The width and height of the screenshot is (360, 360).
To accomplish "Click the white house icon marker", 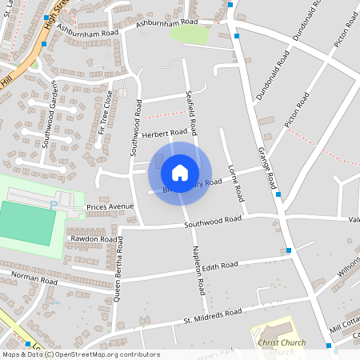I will (x=180, y=173).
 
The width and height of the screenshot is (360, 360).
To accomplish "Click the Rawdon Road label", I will (x=93, y=238).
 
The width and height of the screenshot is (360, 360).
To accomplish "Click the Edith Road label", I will (x=220, y=266).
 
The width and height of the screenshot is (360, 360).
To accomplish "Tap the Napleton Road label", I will (x=199, y=273).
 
